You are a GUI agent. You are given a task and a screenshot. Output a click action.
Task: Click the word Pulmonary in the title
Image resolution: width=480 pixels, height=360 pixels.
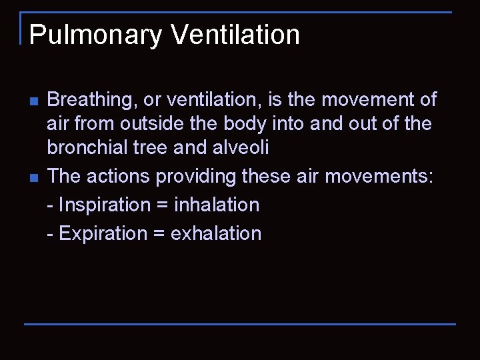point(95,35)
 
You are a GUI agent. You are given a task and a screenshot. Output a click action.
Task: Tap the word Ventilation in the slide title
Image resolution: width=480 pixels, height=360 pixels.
point(235,34)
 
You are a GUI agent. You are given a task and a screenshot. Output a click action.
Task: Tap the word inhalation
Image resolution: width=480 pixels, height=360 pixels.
point(217,205)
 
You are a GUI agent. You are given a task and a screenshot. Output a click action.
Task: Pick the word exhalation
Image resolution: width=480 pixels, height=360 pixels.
point(216,233)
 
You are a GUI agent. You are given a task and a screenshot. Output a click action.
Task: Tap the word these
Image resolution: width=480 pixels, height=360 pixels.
point(265,177)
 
